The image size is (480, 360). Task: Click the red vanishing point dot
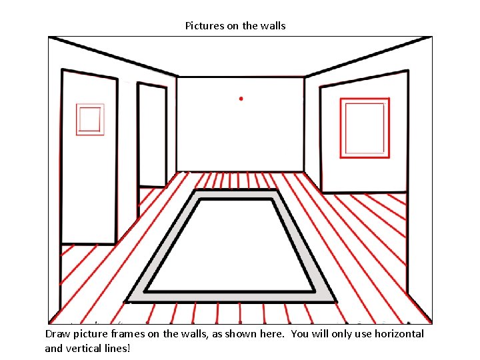click(x=241, y=99)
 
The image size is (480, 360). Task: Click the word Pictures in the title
click(x=203, y=26)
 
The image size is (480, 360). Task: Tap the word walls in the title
click(x=273, y=26)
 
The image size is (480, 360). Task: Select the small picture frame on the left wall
click(x=90, y=119)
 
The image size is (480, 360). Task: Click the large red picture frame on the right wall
click(x=364, y=127)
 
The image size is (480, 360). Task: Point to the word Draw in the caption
click(x=58, y=334)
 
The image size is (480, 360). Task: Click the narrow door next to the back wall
click(x=152, y=137)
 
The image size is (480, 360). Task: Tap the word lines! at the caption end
click(x=118, y=347)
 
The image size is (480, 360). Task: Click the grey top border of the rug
click(x=237, y=194)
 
